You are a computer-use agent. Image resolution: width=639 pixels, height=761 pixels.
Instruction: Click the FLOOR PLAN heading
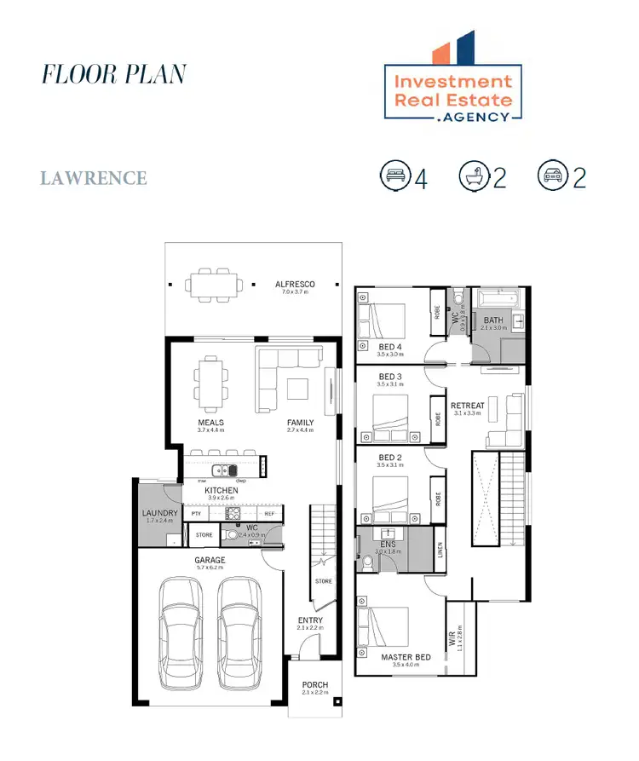coord(113,74)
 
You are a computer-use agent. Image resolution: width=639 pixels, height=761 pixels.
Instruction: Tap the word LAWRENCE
coord(94,178)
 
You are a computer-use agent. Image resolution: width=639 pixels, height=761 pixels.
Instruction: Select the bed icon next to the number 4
coord(394,176)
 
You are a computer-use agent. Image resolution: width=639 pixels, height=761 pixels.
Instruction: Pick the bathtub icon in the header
coord(474,176)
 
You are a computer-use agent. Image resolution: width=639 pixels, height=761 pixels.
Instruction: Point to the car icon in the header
coord(552,176)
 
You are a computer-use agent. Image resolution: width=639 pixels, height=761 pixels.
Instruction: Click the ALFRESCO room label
coord(295,285)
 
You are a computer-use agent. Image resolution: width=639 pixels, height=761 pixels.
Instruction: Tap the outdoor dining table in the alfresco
coord(211,285)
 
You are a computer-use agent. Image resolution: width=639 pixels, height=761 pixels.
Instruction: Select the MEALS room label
coord(211,423)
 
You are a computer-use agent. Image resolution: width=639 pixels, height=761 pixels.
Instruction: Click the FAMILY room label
coord(300,423)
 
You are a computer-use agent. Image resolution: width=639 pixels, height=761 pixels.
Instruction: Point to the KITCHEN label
coord(221,491)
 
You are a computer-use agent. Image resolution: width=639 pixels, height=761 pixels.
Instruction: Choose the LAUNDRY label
coord(159,513)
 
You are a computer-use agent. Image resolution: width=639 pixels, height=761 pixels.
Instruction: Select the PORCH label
coord(315,685)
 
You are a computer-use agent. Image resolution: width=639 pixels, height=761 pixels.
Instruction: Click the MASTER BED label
coord(405,656)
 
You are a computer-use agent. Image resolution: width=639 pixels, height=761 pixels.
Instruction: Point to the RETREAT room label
coord(467,406)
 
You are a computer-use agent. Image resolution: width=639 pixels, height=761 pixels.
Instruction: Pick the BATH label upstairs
coord(493,320)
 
